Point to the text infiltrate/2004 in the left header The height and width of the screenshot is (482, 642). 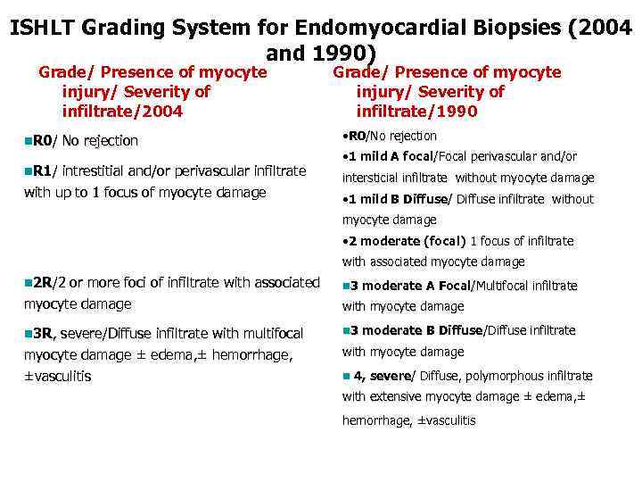(x=122, y=112)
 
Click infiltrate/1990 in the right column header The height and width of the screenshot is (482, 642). (x=416, y=112)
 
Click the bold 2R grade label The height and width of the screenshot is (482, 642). (x=42, y=283)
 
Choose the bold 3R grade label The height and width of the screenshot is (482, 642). (x=43, y=334)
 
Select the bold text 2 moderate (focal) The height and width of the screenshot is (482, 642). (x=407, y=241)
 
